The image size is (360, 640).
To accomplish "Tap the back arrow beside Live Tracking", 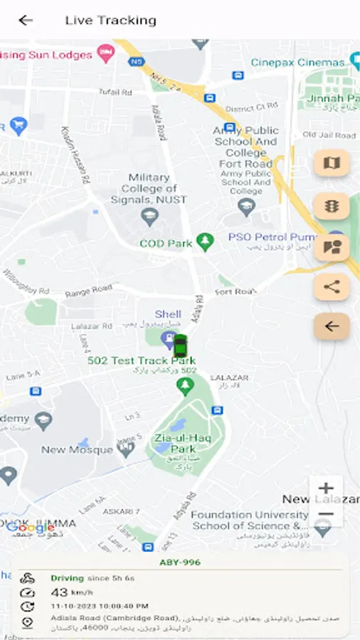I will pos(26,20).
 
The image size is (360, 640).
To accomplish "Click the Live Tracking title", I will pos(110,20).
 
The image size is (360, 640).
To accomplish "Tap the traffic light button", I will pos(332,206).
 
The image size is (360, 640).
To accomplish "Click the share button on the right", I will pos(332,287).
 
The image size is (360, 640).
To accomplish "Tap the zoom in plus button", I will pos(326,489).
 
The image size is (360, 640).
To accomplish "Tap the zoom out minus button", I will pos(326,513).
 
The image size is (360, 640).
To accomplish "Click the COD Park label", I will pos(166,243).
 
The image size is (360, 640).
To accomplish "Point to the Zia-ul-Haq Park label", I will pos(174,443).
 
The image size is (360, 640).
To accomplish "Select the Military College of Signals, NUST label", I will pos(149,188).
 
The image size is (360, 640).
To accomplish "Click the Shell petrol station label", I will pos(168,314).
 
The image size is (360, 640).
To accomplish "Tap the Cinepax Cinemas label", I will pos(297,62).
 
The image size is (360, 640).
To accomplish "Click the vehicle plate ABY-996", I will pos(179,562).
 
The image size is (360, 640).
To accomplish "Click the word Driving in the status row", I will pos(67,578).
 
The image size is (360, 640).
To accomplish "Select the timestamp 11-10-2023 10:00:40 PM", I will pos(99,606).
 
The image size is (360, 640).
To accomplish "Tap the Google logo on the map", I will pos(31,528).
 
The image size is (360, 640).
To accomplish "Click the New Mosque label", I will pos(77,449).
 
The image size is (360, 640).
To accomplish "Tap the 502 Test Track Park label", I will pos(141,361).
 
